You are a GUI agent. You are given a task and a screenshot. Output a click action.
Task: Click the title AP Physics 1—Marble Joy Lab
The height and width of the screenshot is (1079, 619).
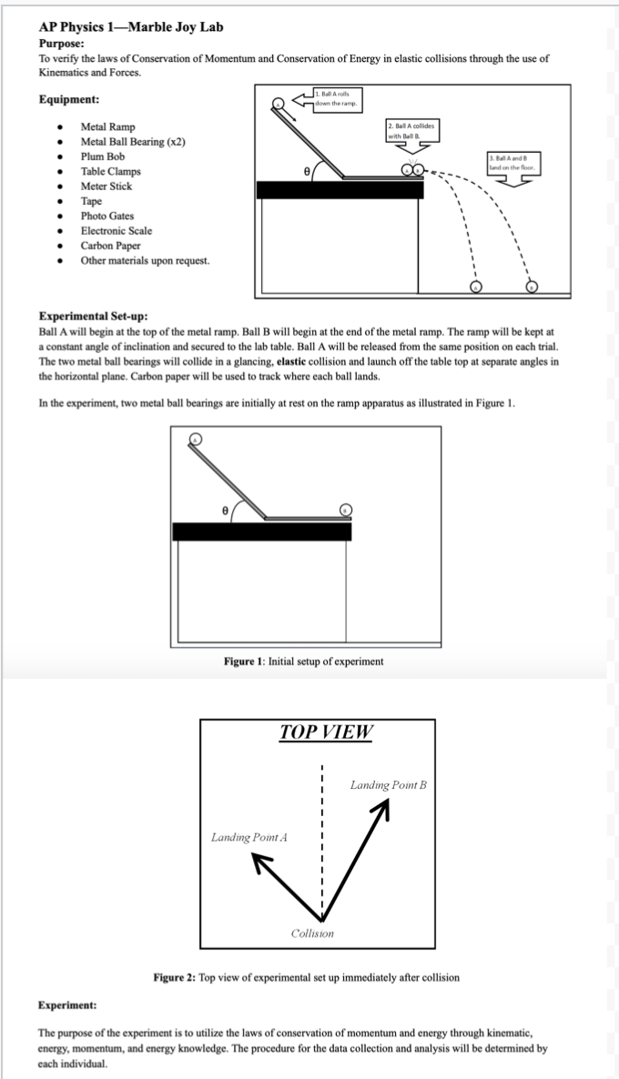(x=130, y=27)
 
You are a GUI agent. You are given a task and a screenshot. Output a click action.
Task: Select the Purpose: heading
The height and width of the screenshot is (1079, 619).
(x=64, y=43)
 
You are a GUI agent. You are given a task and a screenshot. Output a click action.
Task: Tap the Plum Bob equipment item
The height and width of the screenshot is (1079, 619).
(x=103, y=156)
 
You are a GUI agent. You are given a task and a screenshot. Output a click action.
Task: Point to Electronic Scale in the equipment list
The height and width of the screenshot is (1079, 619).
(x=117, y=230)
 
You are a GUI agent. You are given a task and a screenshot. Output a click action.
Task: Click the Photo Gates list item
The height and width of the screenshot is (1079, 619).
(x=107, y=216)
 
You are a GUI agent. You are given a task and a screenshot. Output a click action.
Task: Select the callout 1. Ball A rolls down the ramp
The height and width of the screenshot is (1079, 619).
(x=338, y=100)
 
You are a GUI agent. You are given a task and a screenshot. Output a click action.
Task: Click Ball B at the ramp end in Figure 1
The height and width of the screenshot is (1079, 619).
(x=345, y=509)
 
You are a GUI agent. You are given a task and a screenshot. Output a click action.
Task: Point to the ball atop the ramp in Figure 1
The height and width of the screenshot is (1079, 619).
(x=195, y=439)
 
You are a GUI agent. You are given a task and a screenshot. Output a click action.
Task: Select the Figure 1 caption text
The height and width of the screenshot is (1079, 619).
(x=304, y=661)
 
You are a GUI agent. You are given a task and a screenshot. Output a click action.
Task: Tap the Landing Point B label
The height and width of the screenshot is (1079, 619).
(x=389, y=784)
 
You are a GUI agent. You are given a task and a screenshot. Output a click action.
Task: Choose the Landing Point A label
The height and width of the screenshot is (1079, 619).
(x=249, y=837)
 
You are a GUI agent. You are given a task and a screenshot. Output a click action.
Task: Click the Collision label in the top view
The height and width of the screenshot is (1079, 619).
(x=312, y=934)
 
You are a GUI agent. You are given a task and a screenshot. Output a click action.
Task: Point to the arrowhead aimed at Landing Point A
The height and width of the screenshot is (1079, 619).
(x=260, y=871)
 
